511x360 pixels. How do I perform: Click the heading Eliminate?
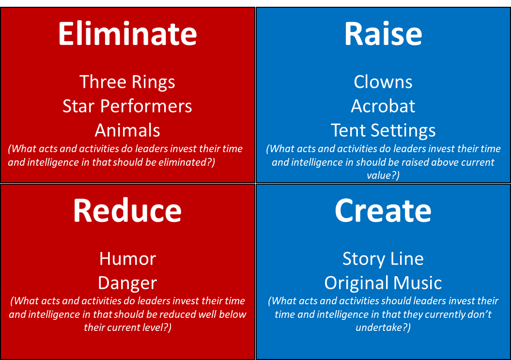point(127,34)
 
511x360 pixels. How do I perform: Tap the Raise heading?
point(383,34)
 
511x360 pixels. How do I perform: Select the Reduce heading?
point(127,211)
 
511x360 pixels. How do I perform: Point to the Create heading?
point(383,211)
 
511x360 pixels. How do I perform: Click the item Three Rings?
point(127,82)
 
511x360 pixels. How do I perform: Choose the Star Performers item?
point(127,106)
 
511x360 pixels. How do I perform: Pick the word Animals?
point(127,130)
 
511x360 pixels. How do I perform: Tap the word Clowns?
point(383,82)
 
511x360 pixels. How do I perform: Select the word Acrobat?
point(383,106)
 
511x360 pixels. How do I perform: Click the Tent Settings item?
point(383,130)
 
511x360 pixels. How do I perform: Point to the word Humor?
point(127,259)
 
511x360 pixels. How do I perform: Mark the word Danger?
point(127,283)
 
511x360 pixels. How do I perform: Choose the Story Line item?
point(383,259)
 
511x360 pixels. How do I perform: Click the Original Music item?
point(383,283)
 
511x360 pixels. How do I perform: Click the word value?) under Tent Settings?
point(383,175)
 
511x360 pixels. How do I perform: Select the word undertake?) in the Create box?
point(383,328)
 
